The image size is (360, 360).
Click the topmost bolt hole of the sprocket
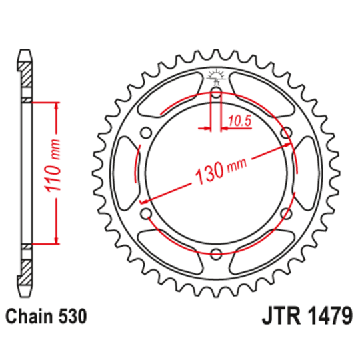[x=216, y=93]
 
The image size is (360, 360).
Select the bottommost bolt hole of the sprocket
[x=216, y=254]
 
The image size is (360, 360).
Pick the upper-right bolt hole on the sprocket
[x=287, y=133]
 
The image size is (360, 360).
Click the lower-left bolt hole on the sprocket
[x=146, y=213]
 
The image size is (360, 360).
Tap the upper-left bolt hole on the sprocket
[x=146, y=133]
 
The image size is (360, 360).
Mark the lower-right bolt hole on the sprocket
[x=287, y=213]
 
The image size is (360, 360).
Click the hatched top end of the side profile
[x=25, y=73]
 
